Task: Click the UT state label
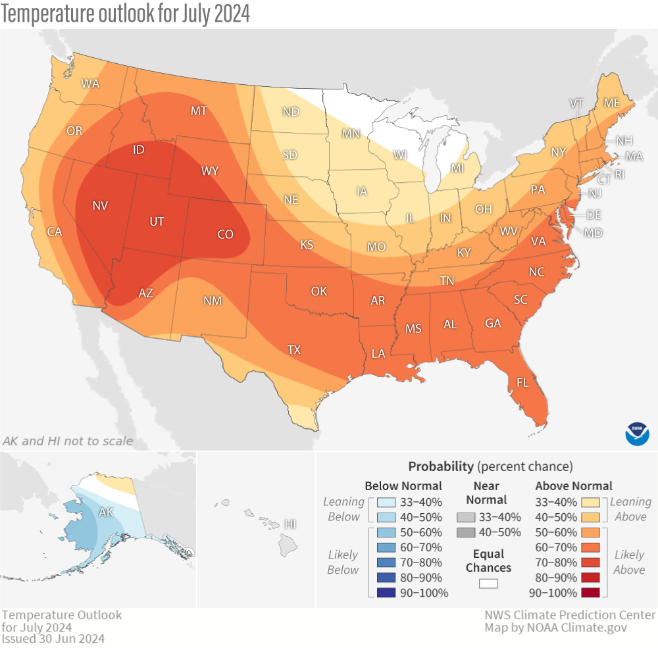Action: click(x=157, y=222)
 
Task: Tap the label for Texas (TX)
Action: click(x=294, y=350)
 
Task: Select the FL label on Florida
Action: click(x=522, y=382)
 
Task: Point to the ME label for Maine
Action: click(x=612, y=103)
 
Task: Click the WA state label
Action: click(x=90, y=84)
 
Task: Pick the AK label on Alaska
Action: click(x=105, y=512)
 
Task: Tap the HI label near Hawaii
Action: click(x=289, y=524)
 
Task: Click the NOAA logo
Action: click(x=637, y=433)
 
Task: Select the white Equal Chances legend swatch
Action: click(x=488, y=583)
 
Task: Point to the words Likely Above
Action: click(x=629, y=562)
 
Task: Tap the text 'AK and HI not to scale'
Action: click(x=68, y=441)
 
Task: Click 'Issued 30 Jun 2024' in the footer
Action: click(x=53, y=638)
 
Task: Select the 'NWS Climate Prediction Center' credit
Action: click(x=570, y=614)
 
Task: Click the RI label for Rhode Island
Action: click(x=619, y=174)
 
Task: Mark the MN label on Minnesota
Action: click(x=351, y=134)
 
